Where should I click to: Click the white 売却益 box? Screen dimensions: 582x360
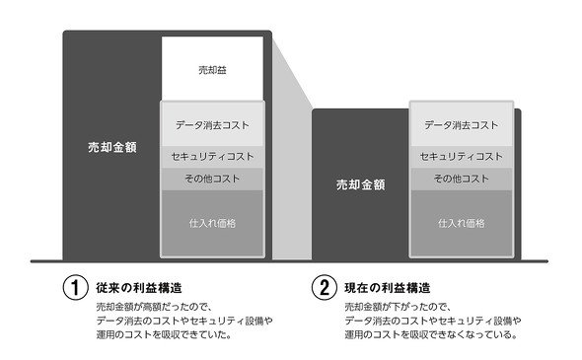click(212, 69)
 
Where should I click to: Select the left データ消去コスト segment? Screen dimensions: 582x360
click(212, 124)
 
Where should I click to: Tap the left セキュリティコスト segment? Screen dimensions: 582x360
click(212, 157)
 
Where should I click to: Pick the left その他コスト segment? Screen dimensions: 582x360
click(212, 180)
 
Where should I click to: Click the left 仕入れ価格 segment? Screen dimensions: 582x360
click(212, 224)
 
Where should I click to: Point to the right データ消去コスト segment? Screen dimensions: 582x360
click(462, 124)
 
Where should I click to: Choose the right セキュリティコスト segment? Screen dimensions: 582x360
click(462, 157)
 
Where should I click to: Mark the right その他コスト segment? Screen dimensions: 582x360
click(462, 180)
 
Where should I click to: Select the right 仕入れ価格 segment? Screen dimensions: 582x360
click(462, 224)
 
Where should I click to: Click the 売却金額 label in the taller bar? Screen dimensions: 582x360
click(112, 147)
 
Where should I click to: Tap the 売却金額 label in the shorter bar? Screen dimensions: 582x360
click(360, 184)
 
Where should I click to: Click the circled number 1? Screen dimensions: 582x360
click(75, 288)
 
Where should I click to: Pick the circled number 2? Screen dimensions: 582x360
click(324, 288)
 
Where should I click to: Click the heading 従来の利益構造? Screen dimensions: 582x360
click(139, 288)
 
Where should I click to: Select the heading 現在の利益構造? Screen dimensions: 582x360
click(388, 288)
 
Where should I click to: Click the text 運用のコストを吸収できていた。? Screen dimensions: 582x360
click(164, 334)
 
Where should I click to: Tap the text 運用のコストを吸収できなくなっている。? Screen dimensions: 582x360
click(431, 334)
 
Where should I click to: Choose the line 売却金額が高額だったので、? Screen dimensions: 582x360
click(154, 308)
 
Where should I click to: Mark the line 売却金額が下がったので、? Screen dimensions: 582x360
click(398, 308)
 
